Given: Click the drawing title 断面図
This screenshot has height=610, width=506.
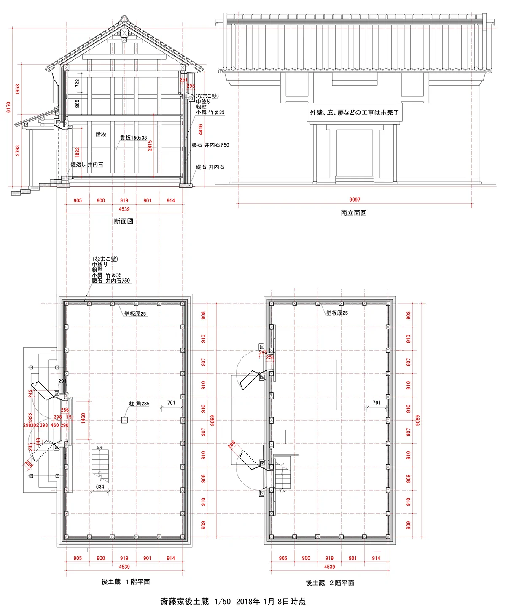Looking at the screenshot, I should point(124,221).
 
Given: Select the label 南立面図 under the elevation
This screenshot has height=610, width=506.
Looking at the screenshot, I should point(353,213).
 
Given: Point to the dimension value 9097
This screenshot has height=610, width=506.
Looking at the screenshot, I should point(355,200).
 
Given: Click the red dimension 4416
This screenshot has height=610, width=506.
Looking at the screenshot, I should point(201,129).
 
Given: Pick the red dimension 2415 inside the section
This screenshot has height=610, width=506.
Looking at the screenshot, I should point(150,146).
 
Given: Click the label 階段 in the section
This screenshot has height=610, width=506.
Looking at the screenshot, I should point(101,134).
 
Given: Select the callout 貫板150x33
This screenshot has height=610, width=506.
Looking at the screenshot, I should point(133,138).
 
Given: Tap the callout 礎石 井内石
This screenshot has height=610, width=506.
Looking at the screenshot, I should point(210,167).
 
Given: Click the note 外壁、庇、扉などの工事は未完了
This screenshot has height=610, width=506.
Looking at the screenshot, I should point(354,113).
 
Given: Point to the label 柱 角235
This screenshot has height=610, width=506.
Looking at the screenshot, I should point(139,404).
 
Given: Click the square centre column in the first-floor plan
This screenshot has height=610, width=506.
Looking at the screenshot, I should point(124,420).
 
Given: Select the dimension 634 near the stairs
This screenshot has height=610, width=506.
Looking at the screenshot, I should point(100,486).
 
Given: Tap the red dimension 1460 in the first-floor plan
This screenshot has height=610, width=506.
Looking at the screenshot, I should point(83,418).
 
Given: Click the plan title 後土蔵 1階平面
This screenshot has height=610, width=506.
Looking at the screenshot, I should point(125,582).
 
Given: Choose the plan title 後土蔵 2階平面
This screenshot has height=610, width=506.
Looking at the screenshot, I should point(330,583).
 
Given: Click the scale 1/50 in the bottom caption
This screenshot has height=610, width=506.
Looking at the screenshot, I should point(223,601).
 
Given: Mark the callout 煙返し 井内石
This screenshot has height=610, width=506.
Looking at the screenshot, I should point(87,164).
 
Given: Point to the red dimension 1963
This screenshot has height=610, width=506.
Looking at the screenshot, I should point(18,89).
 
